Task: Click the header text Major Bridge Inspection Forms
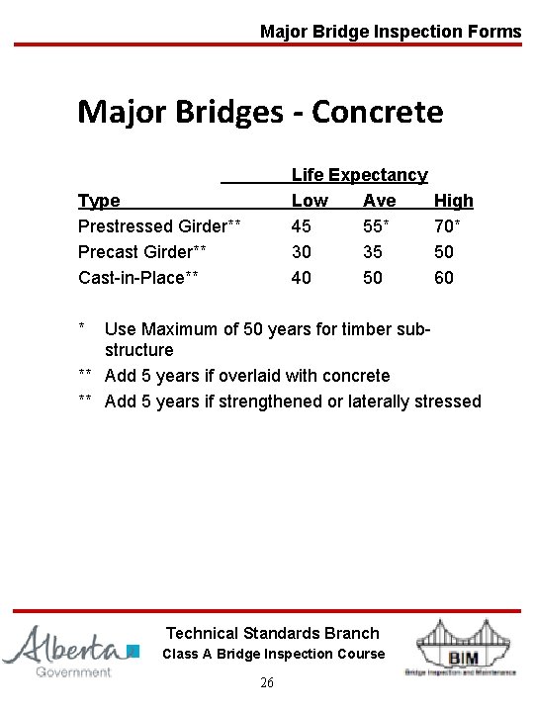(390, 32)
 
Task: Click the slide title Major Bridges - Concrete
(260, 112)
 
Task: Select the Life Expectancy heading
(359, 175)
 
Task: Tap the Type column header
(99, 201)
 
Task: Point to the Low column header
(310, 201)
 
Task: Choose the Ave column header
(380, 201)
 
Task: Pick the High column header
(454, 201)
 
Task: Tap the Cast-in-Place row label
(138, 278)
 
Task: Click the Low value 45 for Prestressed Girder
(302, 226)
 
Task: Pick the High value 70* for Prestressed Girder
(448, 226)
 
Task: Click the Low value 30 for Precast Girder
(302, 252)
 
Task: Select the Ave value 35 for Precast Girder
(375, 252)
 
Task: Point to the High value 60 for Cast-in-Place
(444, 278)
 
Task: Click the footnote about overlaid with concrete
(246, 376)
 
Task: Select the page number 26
(267, 683)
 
